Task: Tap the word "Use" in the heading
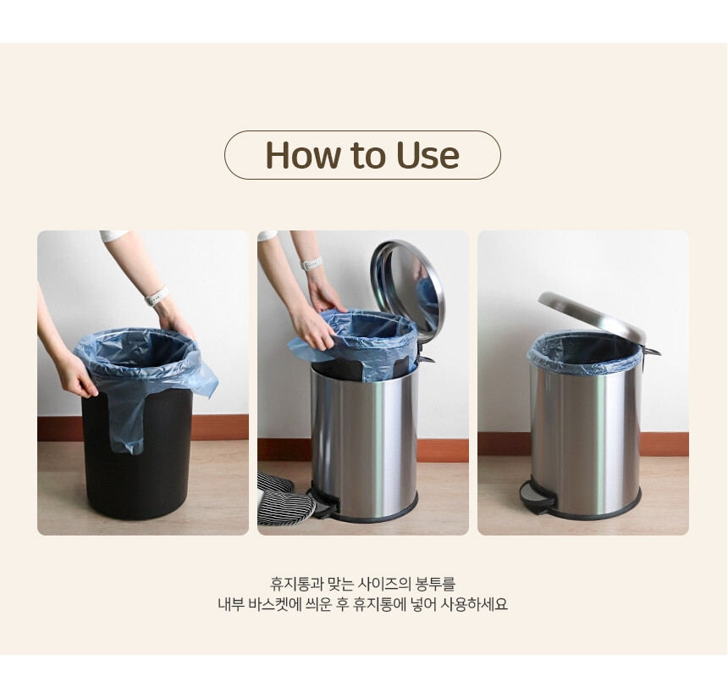tap(427, 155)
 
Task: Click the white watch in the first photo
tap(156, 296)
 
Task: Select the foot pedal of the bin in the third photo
tap(538, 497)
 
